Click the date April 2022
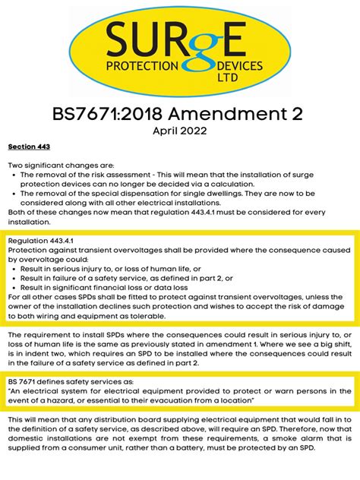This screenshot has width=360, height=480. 179,130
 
